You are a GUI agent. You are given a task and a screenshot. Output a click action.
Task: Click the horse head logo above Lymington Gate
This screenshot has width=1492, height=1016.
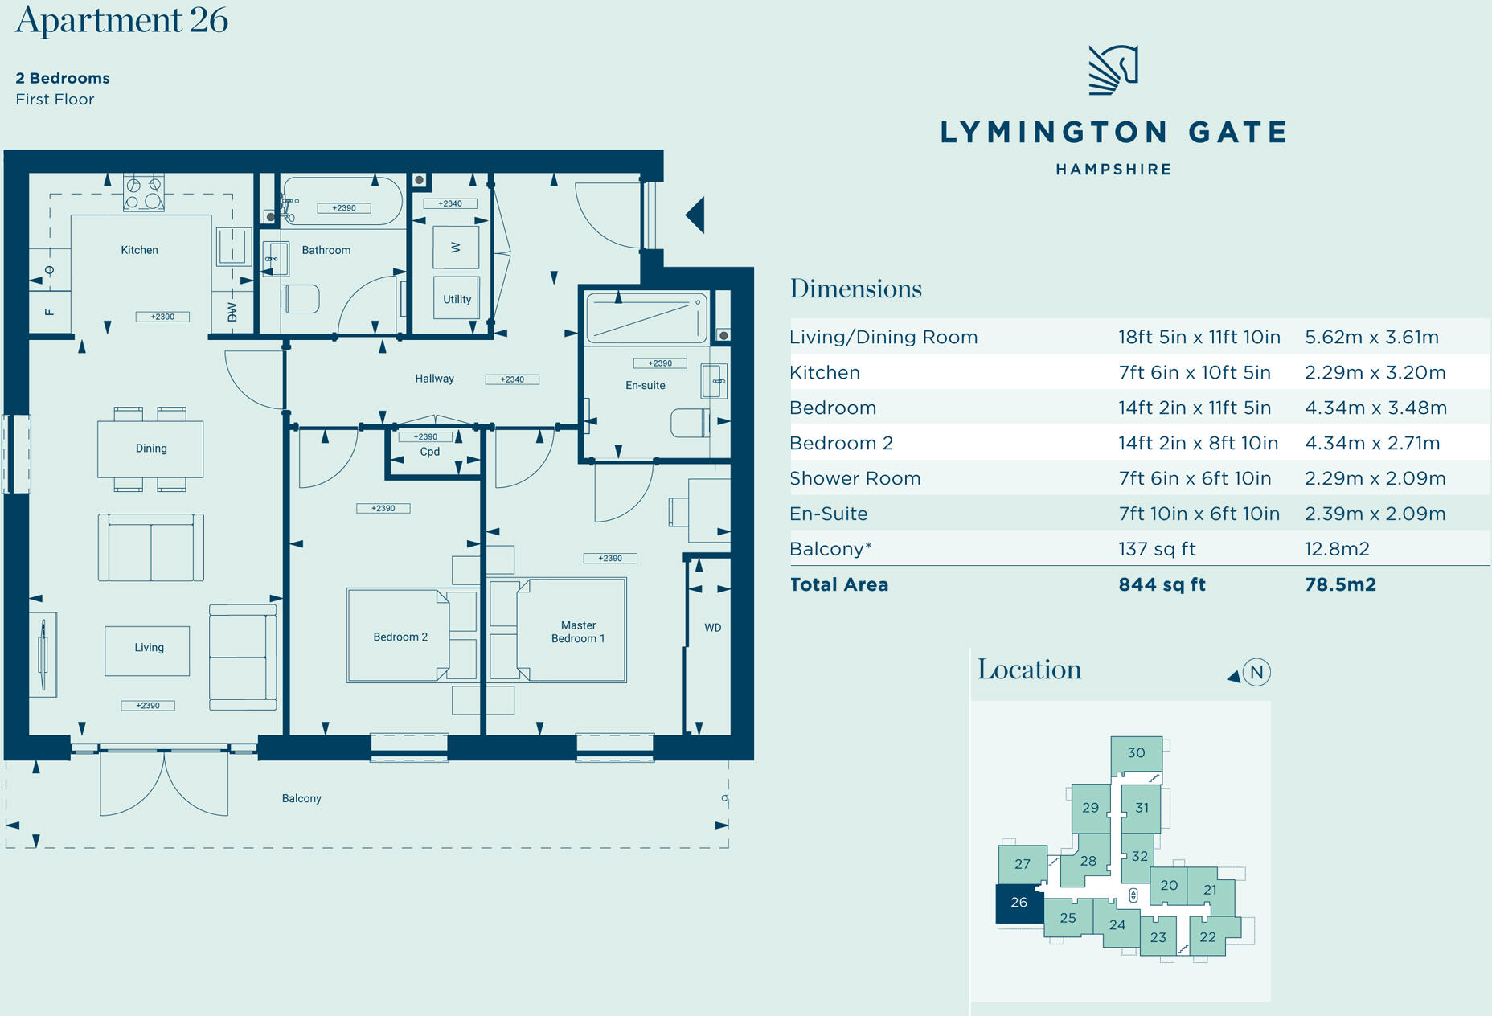coord(1113,70)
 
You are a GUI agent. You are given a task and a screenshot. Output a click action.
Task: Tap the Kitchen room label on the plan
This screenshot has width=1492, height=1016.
coord(139,250)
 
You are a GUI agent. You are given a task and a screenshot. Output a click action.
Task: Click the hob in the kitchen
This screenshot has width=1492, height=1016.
coord(144,193)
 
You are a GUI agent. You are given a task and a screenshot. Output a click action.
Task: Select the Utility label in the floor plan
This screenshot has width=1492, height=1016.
coord(457,299)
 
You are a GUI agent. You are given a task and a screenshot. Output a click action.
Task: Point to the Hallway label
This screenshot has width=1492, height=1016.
coord(434,379)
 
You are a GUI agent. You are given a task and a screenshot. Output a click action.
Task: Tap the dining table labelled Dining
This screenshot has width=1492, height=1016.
coord(150,449)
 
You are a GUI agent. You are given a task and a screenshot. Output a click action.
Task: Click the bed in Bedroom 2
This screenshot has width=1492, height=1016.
coord(399,636)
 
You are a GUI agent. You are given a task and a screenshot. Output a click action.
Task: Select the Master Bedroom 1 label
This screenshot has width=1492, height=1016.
coord(578,632)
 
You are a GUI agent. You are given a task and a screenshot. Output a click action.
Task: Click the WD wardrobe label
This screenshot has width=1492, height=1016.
coord(713,628)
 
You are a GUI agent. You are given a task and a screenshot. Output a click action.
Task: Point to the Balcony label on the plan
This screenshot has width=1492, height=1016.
coord(301,798)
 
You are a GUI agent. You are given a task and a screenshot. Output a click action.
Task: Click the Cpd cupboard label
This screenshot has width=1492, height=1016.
coord(430,452)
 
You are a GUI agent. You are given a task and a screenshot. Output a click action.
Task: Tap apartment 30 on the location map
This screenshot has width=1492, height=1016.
coord(1136,754)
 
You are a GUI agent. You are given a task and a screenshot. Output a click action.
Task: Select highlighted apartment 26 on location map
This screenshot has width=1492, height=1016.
coord(1019,903)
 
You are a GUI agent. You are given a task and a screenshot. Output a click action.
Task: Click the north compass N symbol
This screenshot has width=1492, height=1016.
coord(1256,672)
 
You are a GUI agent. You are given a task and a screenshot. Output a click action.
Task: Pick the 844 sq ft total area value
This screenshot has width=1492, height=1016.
coord(1162,584)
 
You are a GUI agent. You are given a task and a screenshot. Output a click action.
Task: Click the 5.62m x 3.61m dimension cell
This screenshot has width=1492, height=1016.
coord(1371,337)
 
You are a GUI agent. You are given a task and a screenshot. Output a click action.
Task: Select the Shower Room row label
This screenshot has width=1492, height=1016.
coord(855,478)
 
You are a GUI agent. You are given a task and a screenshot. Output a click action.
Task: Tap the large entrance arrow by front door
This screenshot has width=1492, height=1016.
coord(695,215)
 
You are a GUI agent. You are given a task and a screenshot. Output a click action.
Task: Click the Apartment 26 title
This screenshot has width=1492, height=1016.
coord(121,20)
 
